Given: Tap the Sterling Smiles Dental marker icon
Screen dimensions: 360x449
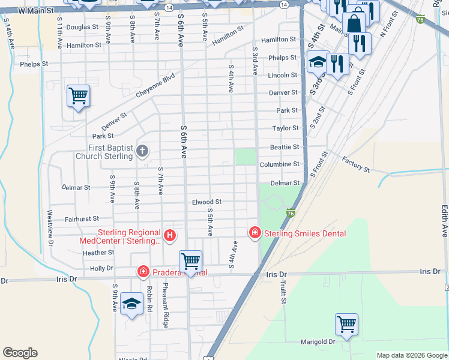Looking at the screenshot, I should coord(255,232).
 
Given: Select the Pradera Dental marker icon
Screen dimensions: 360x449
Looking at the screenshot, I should coord(143,272).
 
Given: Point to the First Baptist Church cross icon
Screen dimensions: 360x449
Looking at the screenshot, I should coord(142,151).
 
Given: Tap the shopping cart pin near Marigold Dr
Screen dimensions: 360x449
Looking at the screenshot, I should coord(347,325).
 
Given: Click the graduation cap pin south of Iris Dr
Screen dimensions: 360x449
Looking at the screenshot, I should coord(131,304).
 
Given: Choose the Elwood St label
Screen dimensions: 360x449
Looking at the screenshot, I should coord(206,202).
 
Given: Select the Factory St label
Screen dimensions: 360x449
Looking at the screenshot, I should coord(356,164).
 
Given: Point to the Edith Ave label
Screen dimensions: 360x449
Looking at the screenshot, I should coord(445,221).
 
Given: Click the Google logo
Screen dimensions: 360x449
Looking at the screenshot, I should coord(20,353).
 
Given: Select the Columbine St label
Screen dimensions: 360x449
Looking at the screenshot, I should coord(279,164).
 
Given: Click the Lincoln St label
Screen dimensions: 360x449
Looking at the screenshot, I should coord(282,76).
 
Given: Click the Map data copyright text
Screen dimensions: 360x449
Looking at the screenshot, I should coord(411,355).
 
